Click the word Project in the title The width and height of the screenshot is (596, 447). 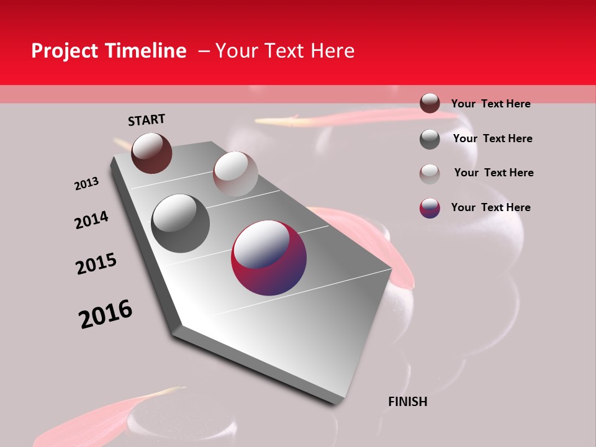(x=65, y=51)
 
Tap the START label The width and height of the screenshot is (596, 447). (x=147, y=120)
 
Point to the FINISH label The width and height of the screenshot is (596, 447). (x=408, y=402)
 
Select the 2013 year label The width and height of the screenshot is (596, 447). (x=87, y=184)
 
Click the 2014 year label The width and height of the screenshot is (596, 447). (x=92, y=220)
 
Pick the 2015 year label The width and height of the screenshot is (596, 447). (x=96, y=264)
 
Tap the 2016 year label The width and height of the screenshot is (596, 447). (x=106, y=314)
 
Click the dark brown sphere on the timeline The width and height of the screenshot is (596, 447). (x=151, y=153)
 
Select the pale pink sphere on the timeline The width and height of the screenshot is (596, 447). (x=235, y=174)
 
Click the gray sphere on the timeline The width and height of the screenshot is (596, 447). (x=181, y=223)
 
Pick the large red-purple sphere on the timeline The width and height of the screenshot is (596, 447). (x=269, y=257)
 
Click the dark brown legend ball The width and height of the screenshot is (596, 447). (x=430, y=103)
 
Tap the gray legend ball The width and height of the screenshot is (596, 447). (x=430, y=139)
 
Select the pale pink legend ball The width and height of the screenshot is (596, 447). (x=430, y=174)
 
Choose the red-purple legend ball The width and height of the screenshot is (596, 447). (x=430, y=208)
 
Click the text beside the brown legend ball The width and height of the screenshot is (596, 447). (x=490, y=104)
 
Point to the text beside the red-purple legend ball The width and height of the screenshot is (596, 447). (x=490, y=207)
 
